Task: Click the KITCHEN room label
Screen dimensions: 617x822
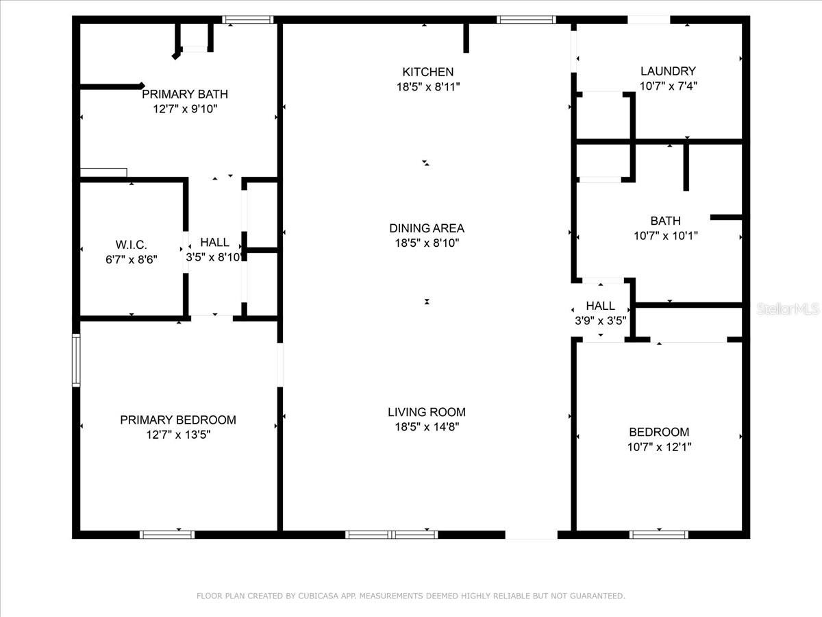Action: [427, 72]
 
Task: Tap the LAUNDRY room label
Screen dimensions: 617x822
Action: [668, 71]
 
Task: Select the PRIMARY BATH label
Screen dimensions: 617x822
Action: [185, 95]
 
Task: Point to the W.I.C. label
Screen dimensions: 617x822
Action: [131, 245]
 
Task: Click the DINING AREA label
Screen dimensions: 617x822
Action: [427, 228]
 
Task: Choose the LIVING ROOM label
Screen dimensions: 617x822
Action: [427, 412]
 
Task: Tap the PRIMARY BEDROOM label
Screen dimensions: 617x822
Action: [178, 420]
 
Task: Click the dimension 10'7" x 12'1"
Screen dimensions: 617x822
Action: [660, 447]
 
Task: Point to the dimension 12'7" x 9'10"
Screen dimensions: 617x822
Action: [185, 109]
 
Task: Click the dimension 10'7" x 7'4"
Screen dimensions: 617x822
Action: [668, 86]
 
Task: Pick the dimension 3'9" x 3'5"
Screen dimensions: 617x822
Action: [601, 320]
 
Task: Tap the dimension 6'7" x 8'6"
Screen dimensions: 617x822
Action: [131, 259]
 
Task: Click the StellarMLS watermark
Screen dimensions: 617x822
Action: [788, 310]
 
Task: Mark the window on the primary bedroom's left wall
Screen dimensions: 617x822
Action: [76, 361]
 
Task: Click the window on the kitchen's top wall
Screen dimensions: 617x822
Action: [526, 20]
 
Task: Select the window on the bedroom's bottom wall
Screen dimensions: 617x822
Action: [659, 534]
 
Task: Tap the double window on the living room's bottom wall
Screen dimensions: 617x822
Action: [392, 534]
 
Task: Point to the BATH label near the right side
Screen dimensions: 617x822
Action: [665, 221]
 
